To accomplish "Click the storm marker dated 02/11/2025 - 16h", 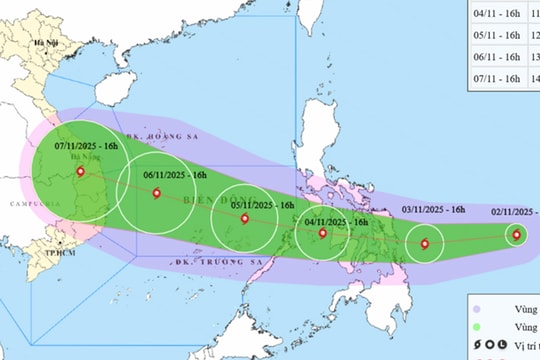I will click(x=516, y=236).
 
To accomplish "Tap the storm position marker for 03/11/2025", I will click(x=426, y=243).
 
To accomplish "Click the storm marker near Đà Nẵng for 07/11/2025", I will click(x=80, y=171).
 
